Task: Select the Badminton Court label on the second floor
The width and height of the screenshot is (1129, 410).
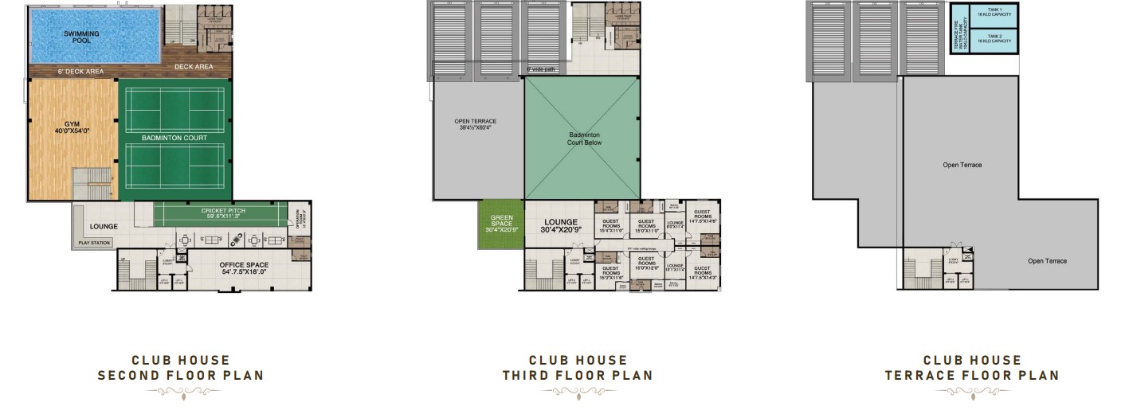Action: pyautogui.click(x=175, y=138)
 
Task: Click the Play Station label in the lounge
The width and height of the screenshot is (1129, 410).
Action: pyautogui.click(x=94, y=243)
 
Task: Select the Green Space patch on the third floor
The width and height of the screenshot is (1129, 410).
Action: pyautogui.click(x=500, y=225)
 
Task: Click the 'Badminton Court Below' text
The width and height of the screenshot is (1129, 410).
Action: pyautogui.click(x=585, y=139)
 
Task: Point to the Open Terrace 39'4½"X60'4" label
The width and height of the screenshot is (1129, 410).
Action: pyautogui.click(x=475, y=125)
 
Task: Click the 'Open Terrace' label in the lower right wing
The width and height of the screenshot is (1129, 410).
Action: pyautogui.click(x=1047, y=261)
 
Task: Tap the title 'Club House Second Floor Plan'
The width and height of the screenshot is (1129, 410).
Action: pyautogui.click(x=180, y=368)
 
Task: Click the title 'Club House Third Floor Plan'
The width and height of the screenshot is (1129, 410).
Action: pyautogui.click(x=577, y=368)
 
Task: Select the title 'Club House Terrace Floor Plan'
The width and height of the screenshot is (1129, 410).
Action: pyautogui.click(x=971, y=368)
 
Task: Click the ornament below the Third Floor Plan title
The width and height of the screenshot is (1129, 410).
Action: pyautogui.click(x=577, y=392)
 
